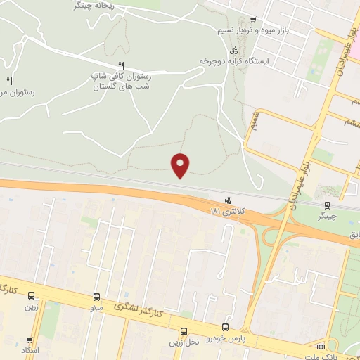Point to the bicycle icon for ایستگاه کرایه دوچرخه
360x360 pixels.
[x=233, y=51]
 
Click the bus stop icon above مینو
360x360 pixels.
[x=97, y=297]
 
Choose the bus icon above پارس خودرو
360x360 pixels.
[x=225, y=327]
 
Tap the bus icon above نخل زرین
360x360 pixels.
[x=184, y=331]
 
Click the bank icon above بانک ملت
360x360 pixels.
[x=321, y=347]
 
